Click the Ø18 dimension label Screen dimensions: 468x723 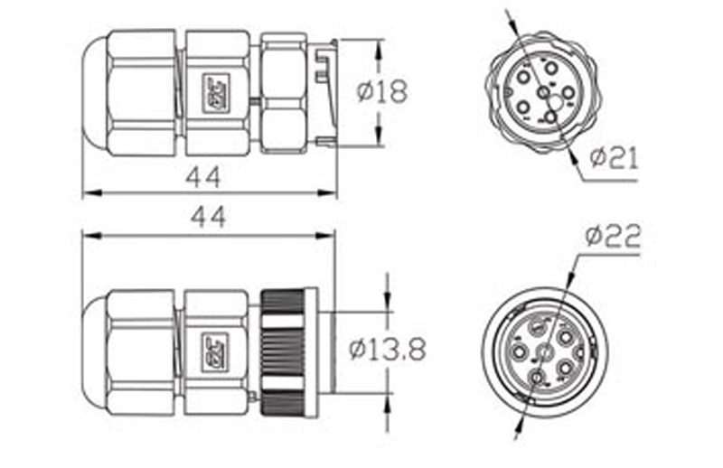(381, 92)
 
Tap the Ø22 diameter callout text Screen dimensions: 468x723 (612, 237)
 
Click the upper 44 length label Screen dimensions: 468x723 (203, 176)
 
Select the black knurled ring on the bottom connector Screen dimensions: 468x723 (283, 352)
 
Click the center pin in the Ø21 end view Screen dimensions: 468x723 (542, 92)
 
